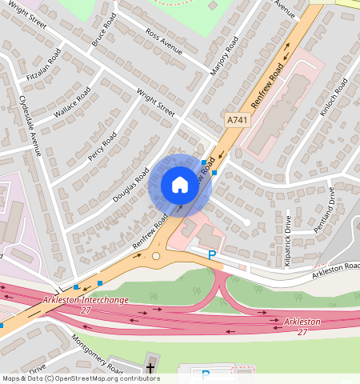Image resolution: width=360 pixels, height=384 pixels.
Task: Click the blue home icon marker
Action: coord(180,186)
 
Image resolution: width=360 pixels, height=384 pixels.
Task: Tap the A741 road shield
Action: coord(236,119)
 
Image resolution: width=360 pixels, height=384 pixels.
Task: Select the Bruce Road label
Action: coord(105,29)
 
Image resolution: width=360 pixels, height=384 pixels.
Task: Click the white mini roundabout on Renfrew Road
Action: coord(156,256)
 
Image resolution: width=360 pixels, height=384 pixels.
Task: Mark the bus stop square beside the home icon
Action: coord(214,173)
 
